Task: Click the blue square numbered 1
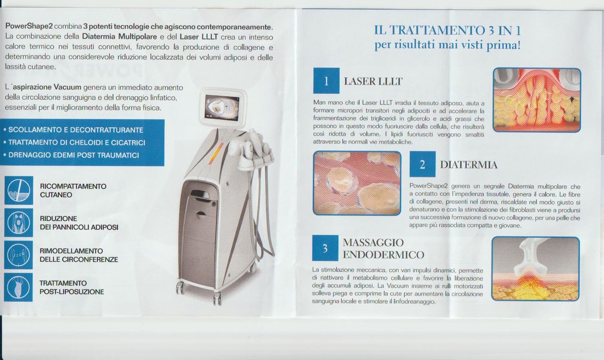pyautogui.click(x=326, y=81)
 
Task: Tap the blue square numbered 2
pyautogui.click(x=422, y=164)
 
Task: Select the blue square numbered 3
pyautogui.click(x=325, y=248)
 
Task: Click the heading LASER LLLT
pyautogui.click(x=373, y=81)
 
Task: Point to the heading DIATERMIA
pyautogui.click(x=469, y=165)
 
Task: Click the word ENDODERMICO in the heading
pyautogui.click(x=384, y=255)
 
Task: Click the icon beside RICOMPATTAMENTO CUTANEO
pyautogui.click(x=19, y=191)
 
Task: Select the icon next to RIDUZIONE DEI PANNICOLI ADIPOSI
pyautogui.click(x=18, y=223)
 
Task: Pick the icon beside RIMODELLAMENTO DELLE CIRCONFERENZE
pyautogui.click(x=18, y=255)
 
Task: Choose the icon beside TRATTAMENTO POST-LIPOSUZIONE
pyautogui.click(x=18, y=287)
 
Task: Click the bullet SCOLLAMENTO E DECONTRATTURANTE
pyautogui.click(x=73, y=130)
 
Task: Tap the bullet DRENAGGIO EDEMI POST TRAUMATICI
pyautogui.click(x=71, y=155)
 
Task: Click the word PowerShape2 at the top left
pyautogui.click(x=29, y=26)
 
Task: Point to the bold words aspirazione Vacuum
pyautogui.click(x=47, y=87)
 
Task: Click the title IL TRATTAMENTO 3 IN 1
pyautogui.click(x=447, y=31)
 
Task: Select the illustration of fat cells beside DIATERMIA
pyautogui.click(x=357, y=183)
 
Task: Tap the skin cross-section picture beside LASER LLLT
pyautogui.click(x=537, y=100)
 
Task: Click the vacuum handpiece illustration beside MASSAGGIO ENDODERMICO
pyautogui.click(x=535, y=268)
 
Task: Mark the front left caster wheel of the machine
pyautogui.click(x=180, y=287)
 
